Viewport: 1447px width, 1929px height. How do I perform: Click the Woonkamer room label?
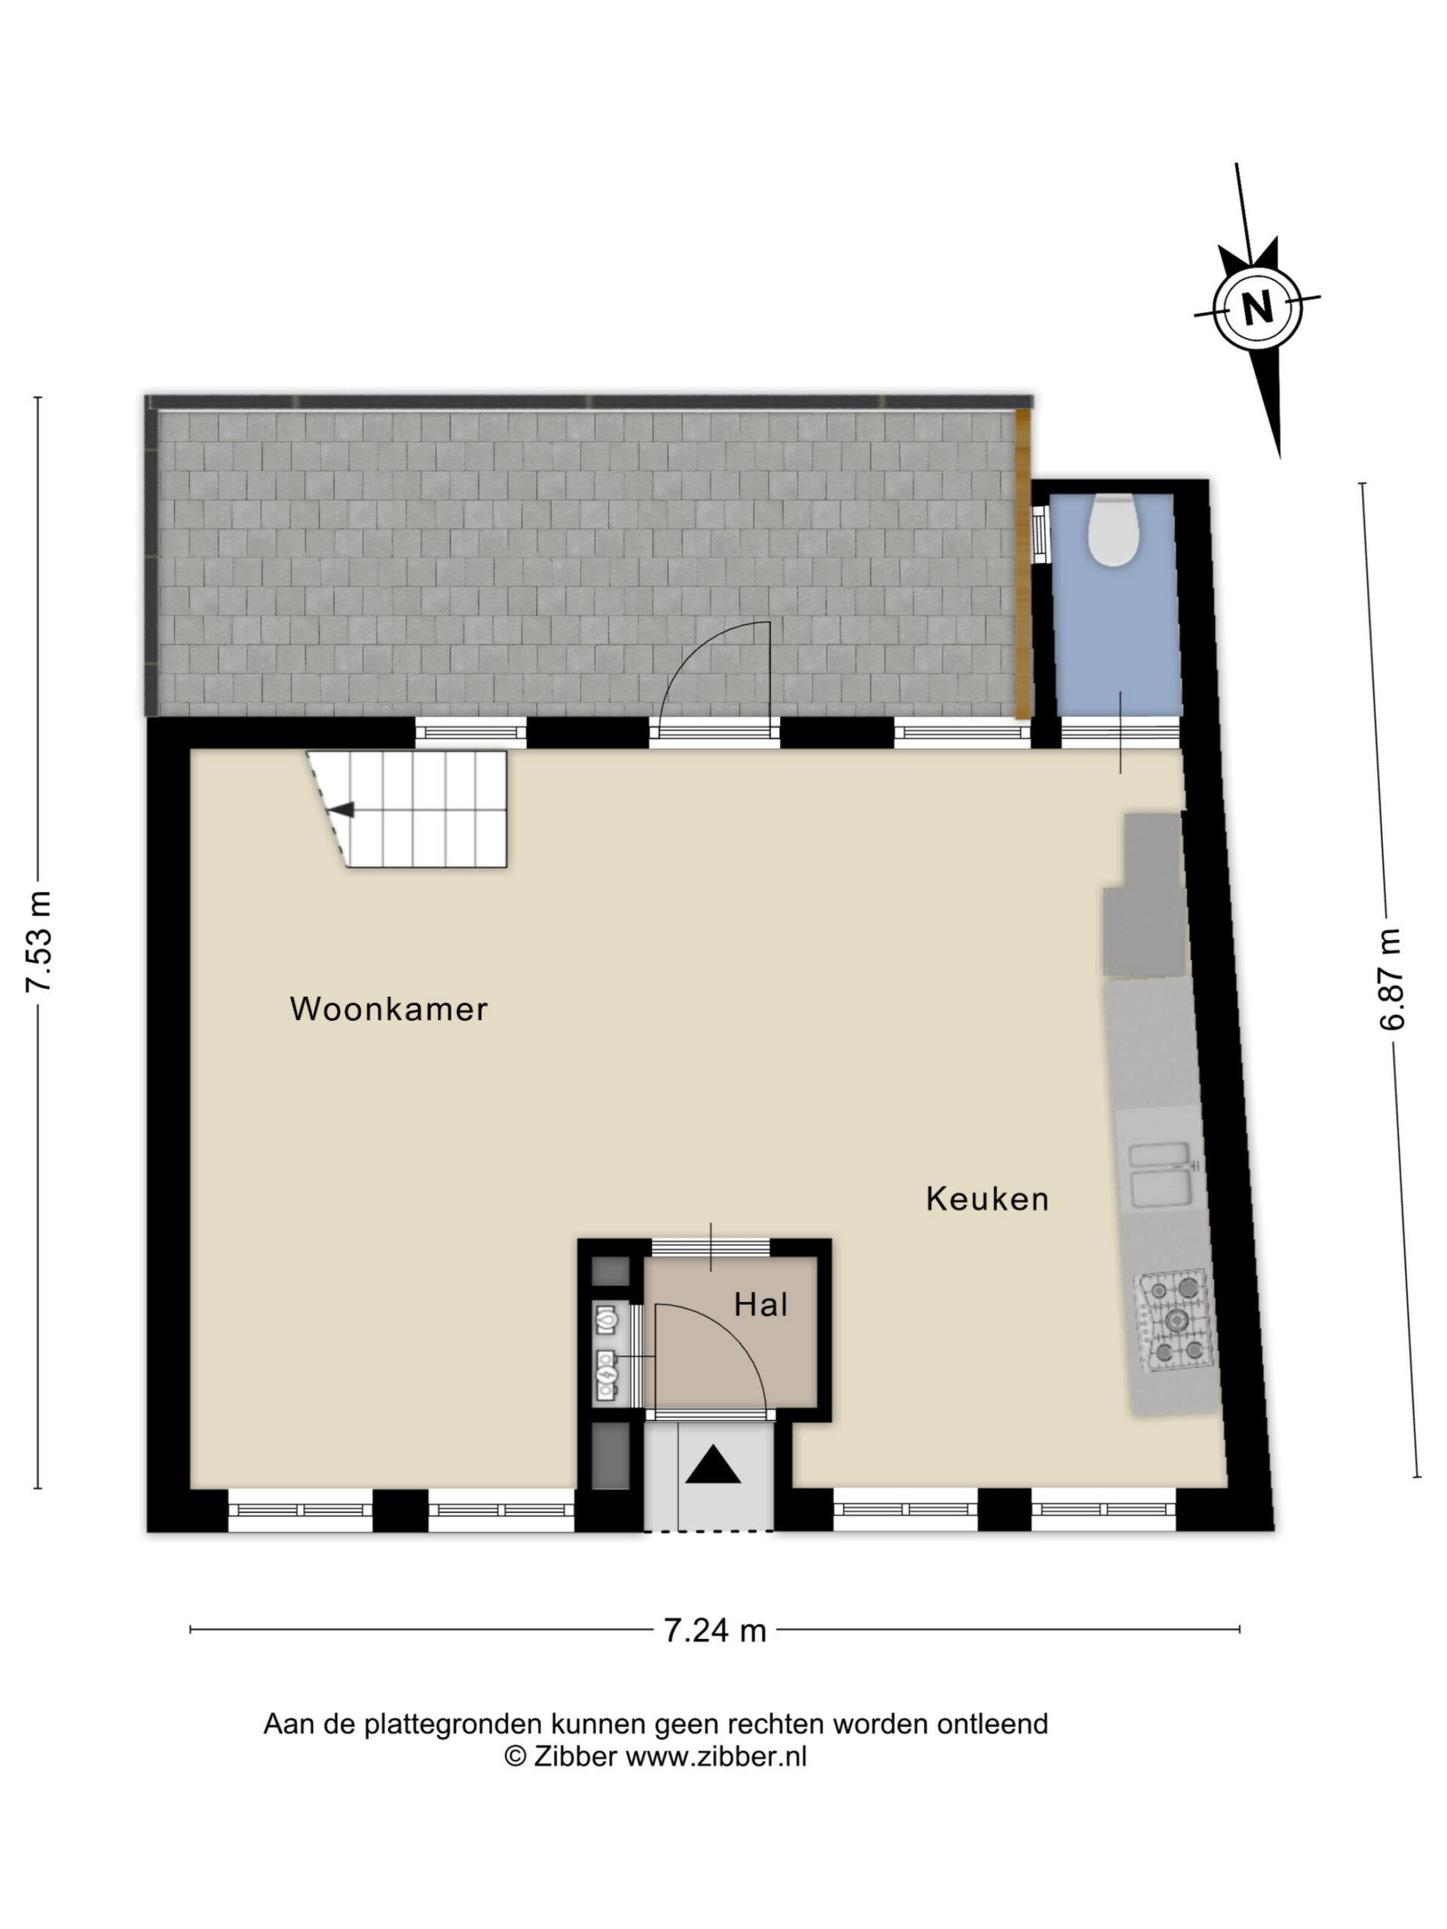pos(388,1009)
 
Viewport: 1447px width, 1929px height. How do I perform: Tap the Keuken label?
pos(987,1199)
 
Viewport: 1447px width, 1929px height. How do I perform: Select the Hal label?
pos(760,1304)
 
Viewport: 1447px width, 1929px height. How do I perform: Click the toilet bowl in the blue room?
pos(1112,530)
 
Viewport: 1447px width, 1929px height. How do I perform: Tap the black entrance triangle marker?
pos(713,1464)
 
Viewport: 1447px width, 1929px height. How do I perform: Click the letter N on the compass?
pos(1257,307)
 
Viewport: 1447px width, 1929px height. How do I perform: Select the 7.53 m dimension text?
pos(39,942)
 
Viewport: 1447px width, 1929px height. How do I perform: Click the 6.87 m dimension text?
pos(1391,980)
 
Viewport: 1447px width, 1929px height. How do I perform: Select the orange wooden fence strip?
pos(1023,564)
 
